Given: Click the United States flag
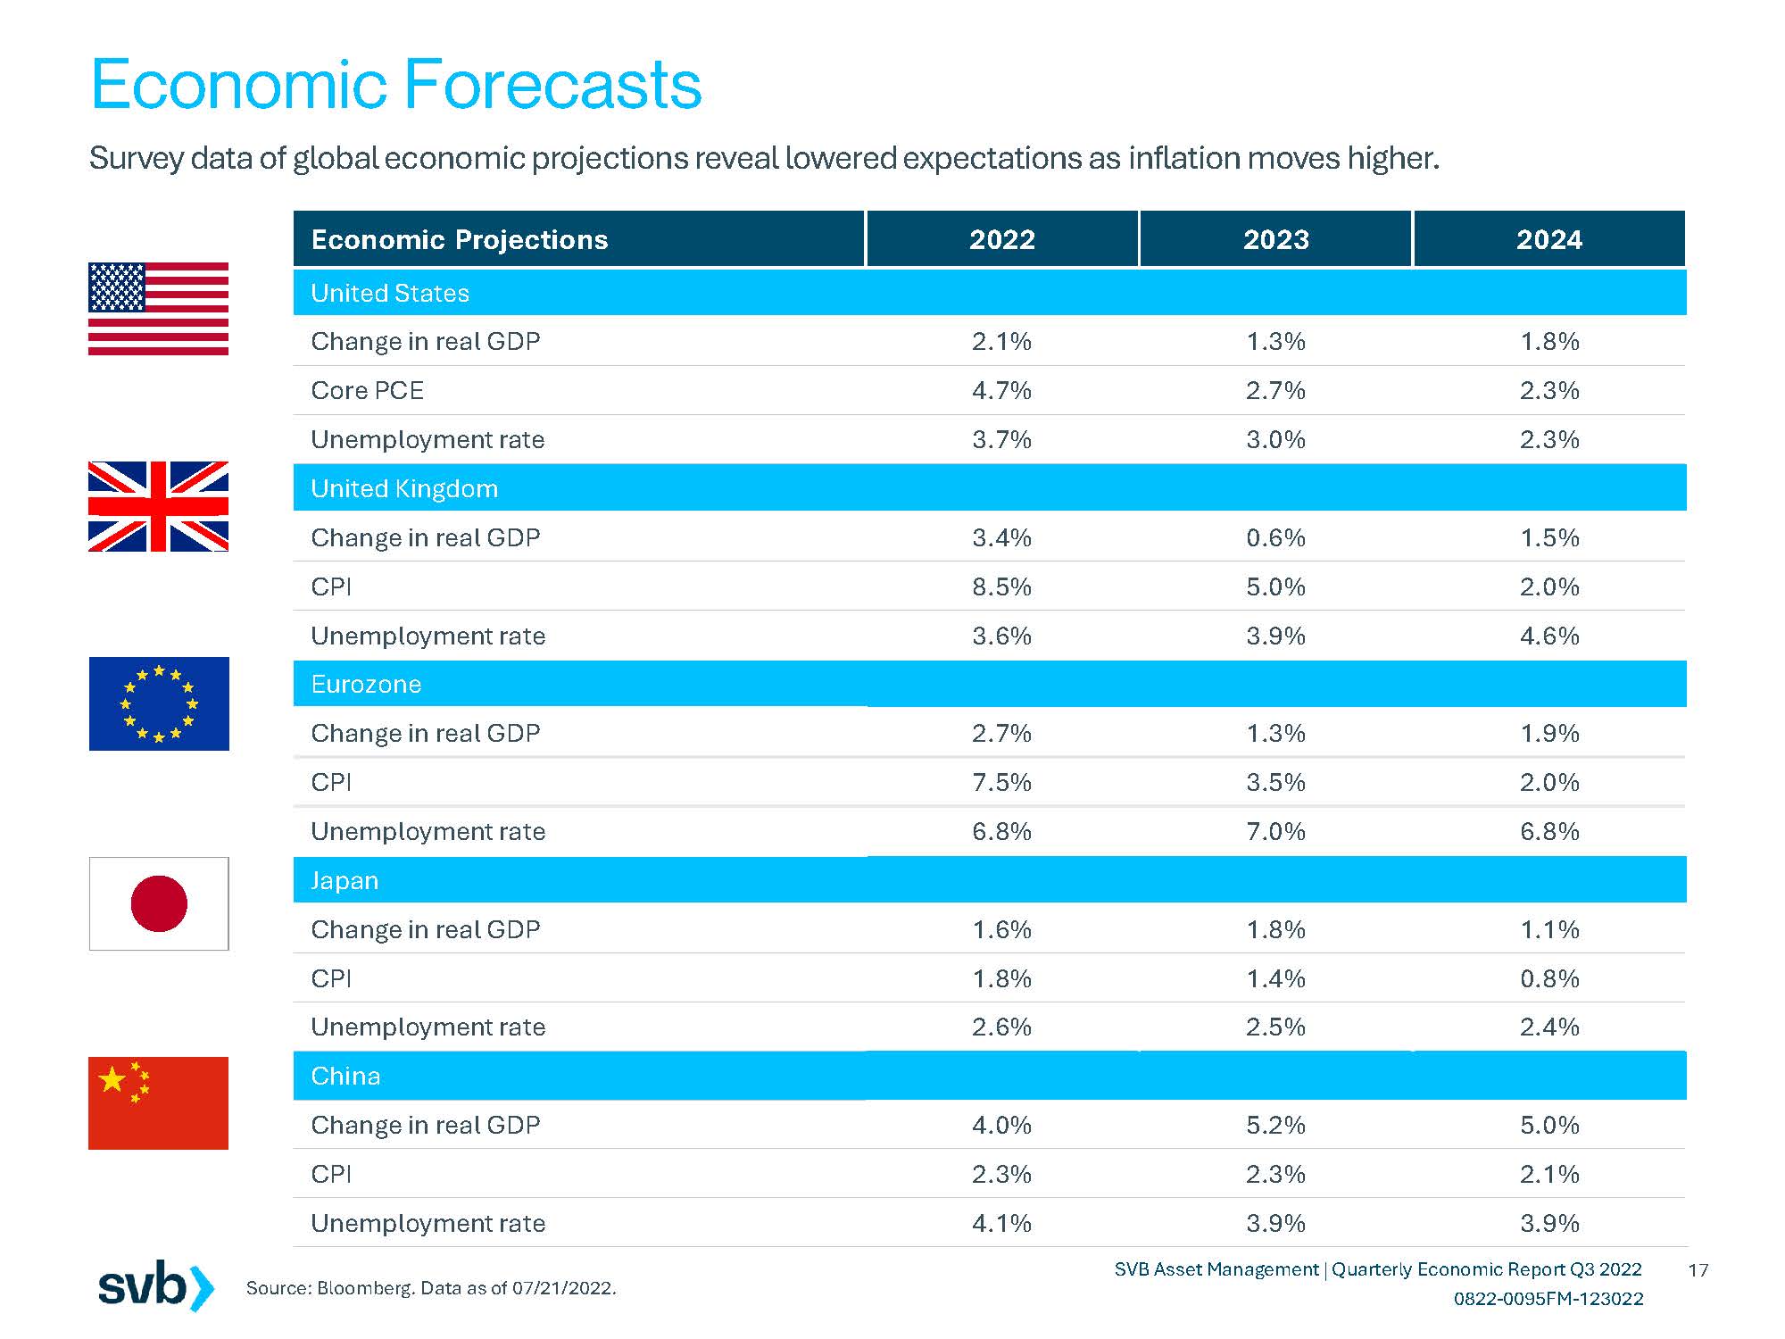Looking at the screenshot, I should (x=158, y=309).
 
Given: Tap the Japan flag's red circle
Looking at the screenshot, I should (x=159, y=903).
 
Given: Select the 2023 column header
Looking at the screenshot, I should (x=1275, y=239).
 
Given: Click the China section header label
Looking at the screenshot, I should (x=345, y=1076).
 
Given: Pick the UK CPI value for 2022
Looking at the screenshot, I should (x=1001, y=586).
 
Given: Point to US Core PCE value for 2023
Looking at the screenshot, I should (x=1275, y=390).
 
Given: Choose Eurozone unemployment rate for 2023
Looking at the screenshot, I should (x=1275, y=831).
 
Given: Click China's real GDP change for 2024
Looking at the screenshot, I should (x=1549, y=1125).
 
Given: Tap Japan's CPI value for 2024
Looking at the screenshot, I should (x=1549, y=978).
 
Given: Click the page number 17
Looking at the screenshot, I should (x=1698, y=1269).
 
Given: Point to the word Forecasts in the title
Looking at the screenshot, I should (x=553, y=85).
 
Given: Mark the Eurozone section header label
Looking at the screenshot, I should (x=366, y=684).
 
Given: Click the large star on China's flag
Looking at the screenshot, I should (x=112, y=1079).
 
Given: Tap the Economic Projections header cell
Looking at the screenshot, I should (x=460, y=239).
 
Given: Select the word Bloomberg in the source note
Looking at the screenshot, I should (x=365, y=1288).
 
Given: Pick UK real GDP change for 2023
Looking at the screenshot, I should (x=1275, y=537).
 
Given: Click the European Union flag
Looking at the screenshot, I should (x=159, y=703).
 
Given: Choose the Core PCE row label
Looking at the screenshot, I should (x=367, y=390).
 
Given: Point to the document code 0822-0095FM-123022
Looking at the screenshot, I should (x=1548, y=1299).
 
